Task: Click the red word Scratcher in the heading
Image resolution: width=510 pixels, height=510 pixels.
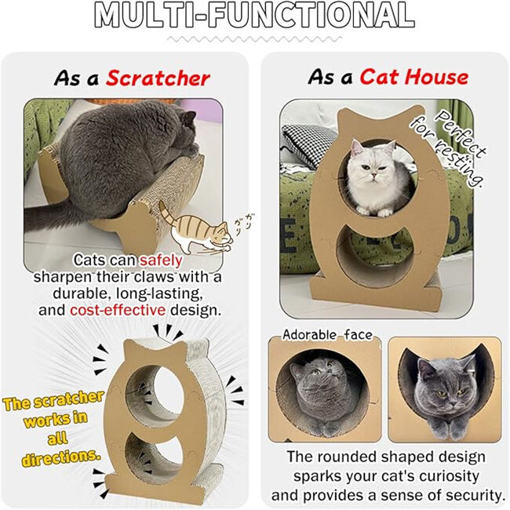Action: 158,78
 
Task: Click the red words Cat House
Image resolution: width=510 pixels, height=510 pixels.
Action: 413,77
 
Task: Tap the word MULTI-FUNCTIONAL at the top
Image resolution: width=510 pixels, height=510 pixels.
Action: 254,16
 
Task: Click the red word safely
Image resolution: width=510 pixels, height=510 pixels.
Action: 162,260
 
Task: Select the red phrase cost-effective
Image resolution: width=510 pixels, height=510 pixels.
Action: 117,310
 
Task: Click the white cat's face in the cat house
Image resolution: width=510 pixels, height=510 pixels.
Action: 370,173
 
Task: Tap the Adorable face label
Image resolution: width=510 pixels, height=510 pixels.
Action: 327,335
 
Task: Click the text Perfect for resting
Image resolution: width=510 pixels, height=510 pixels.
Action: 461,150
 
